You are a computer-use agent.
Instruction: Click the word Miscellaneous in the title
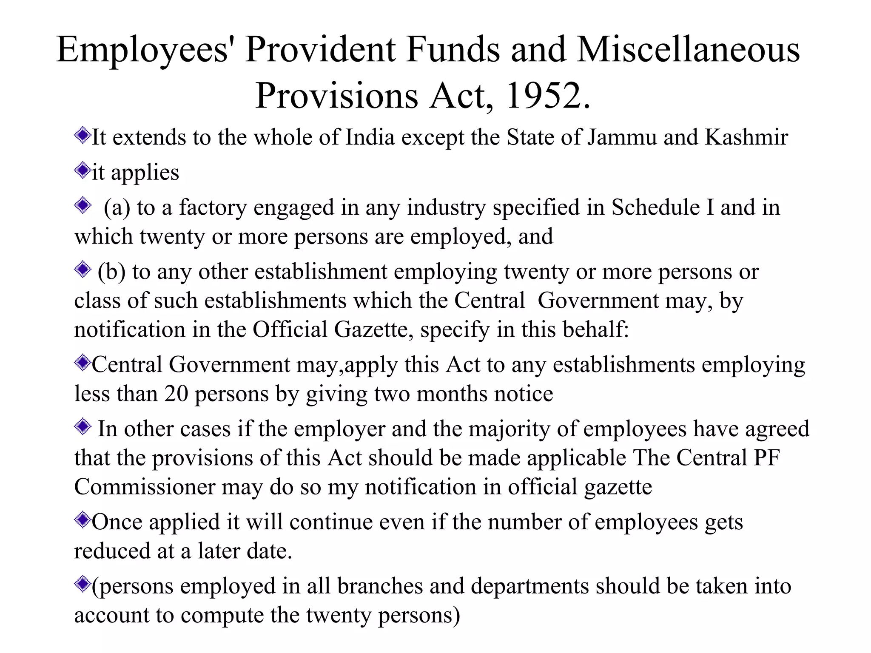[x=688, y=50]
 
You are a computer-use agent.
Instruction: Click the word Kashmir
[x=746, y=137]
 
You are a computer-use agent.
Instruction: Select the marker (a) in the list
[x=117, y=208]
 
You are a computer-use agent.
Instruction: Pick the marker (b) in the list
[x=111, y=272]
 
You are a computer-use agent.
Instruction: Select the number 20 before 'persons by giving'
[x=176, y=394]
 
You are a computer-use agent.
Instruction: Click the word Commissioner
[x=145, y=487]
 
